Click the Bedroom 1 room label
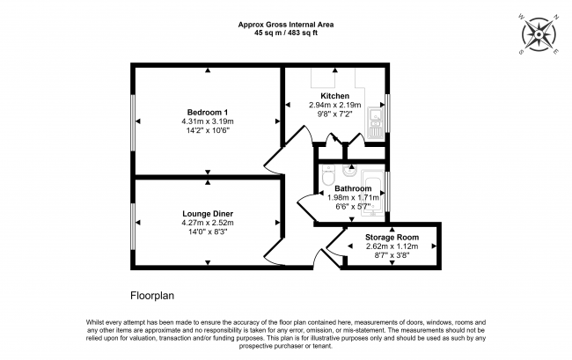(x=207, y=113)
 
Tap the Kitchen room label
(x=335, y=96)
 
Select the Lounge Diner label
(x=208, y=214)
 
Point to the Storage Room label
(x=392, y=238)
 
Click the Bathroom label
(x=353, y=188)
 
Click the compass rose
(x=539, y=34)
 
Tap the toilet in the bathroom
(x=329, y=174)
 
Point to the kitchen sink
(x=375, y=123)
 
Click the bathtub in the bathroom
(x=372, y=193)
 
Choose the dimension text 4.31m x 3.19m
(x=208, y=121)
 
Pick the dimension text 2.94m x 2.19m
(x=335, y=105)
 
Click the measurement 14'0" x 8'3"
(x=208, y=231)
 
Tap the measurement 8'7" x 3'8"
(x=392, y=255)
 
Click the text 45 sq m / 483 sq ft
(x=286, y=33)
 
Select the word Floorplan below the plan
(x=152, y=296)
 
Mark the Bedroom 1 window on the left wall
(x=133, y=122)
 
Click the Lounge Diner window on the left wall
(x=133, y=226)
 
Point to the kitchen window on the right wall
(x=387, y=113)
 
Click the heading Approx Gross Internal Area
(x=286, y=25)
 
